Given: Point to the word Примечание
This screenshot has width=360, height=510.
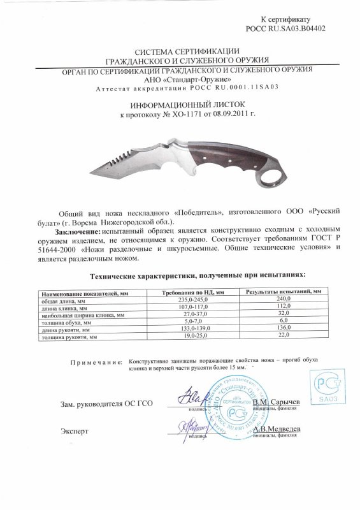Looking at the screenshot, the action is [x=95, y=361].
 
